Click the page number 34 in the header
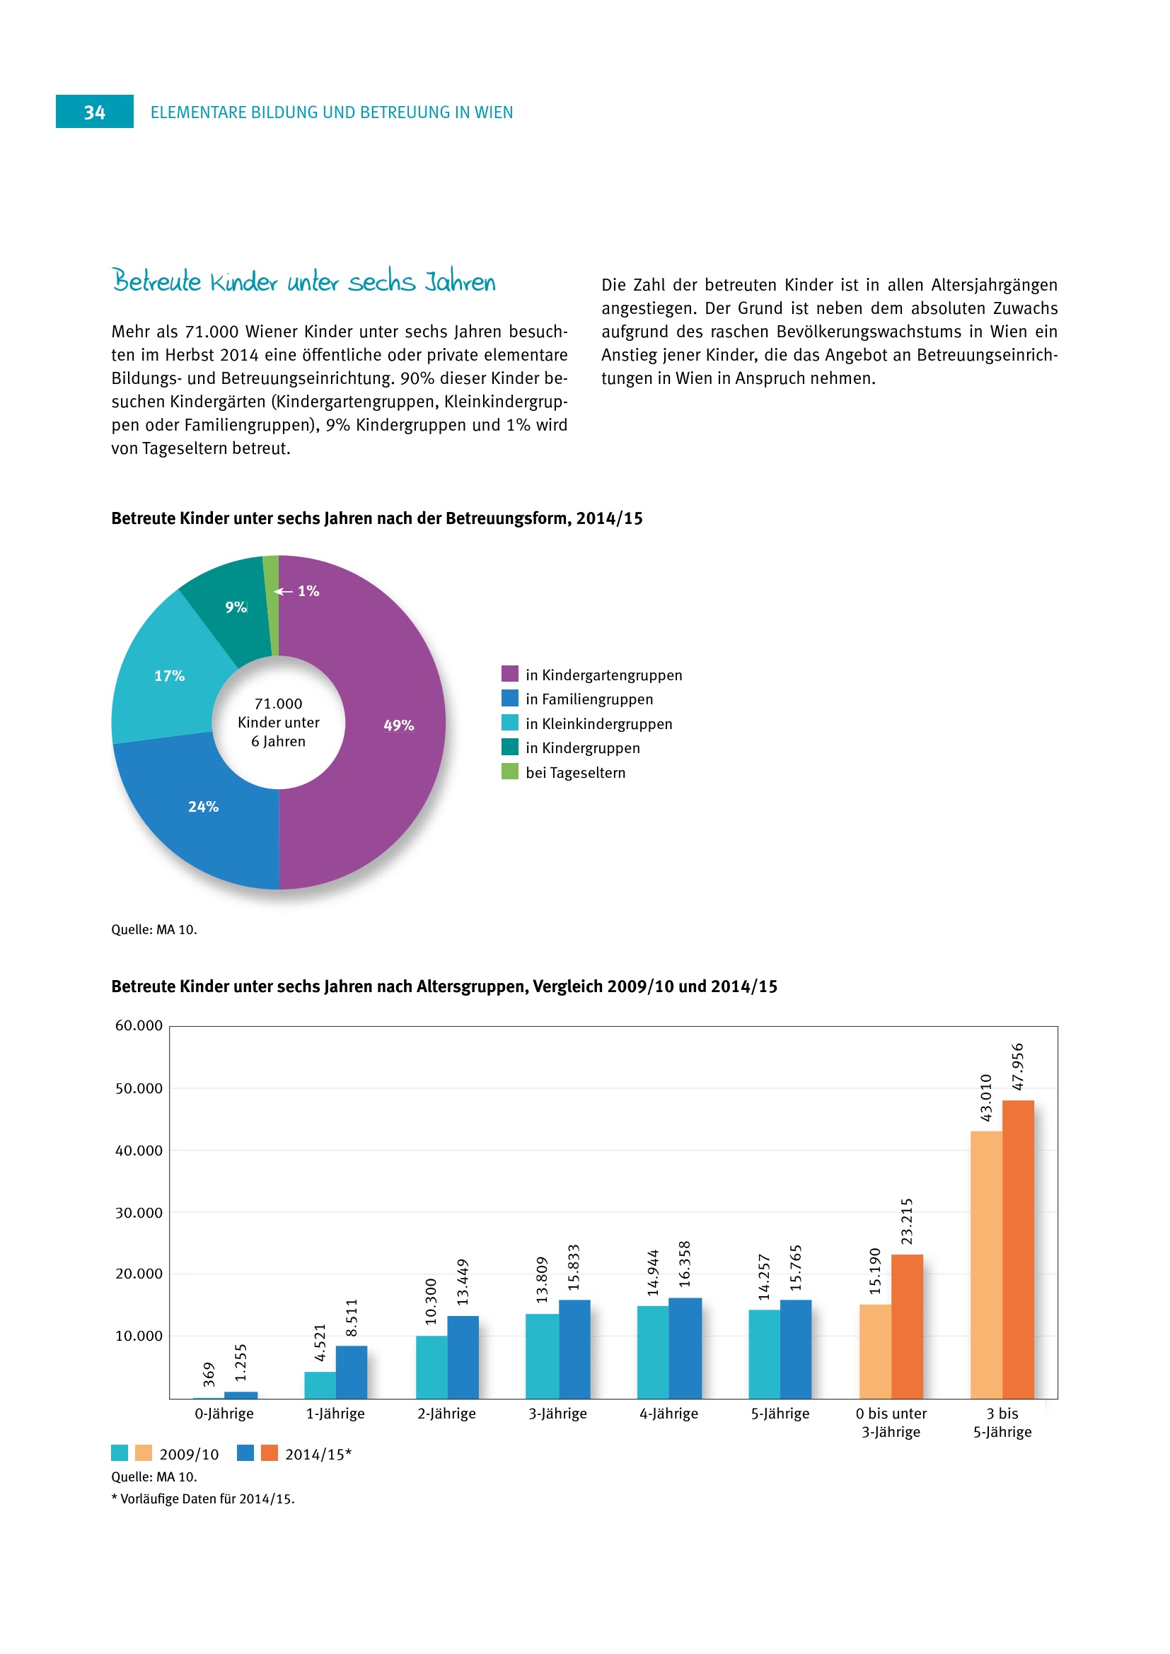(x=94, y=112)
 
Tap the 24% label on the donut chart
(x=203, y=807)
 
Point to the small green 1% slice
(x=271, y=605)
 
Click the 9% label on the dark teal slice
(x=236, y=607)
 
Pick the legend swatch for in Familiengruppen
(x=509, y=698)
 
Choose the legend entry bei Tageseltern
(x=575, y=772)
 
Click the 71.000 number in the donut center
(x=278, y=704)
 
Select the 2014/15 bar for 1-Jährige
(x=352, y=1372)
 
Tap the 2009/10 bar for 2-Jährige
(x=431, y=1367)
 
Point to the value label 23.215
(x=907, y=1221)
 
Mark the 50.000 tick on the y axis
(x=139, y=1088)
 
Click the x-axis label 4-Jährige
(x=668, y=1414)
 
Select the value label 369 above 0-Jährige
(x=209, y=1374)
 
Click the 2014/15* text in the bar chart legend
(x=318, y=1455)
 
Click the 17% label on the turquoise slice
(x=169, y=676)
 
